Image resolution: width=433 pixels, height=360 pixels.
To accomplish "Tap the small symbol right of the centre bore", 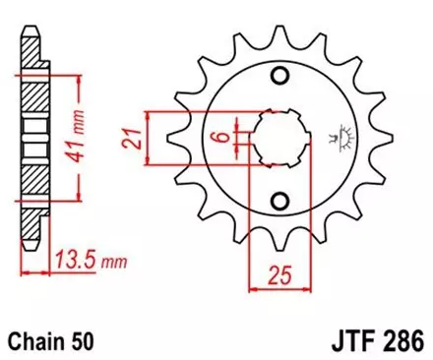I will [344, 138].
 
